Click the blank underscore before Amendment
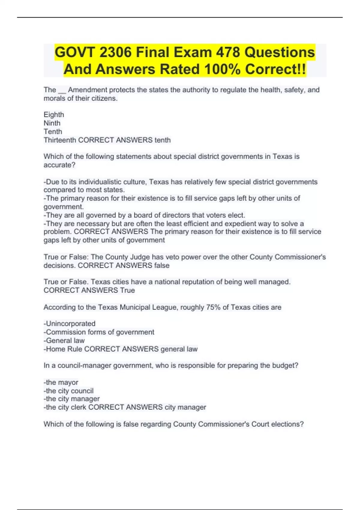(62, 90)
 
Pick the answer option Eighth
(54, 115)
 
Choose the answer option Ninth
(52, 123)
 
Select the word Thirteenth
(60, 140)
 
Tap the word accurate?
(59, 165)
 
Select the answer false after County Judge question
(162, 265)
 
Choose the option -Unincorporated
(69, 324)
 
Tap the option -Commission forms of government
(99, 332)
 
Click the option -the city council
(68, 391)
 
